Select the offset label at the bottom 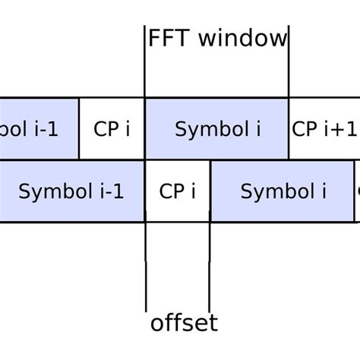click(x=184, y=323)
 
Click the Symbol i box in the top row click(x=217, y=128)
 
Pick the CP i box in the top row click(x=112, y=128)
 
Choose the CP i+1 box click(x=323, y=128)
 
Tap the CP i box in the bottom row click(x=178, y=191)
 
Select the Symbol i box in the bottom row click(x=283, y=191)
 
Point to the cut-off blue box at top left click(x=38, y=128)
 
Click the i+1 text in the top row click(x=335, y=128)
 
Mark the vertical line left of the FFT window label click(x=145, y=61)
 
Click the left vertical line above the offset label click(x=145, y=266)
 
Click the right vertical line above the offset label click(x=210, y=266)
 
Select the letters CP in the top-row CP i click(x=106, y=128)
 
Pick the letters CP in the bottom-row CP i click(x=172, y=191)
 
